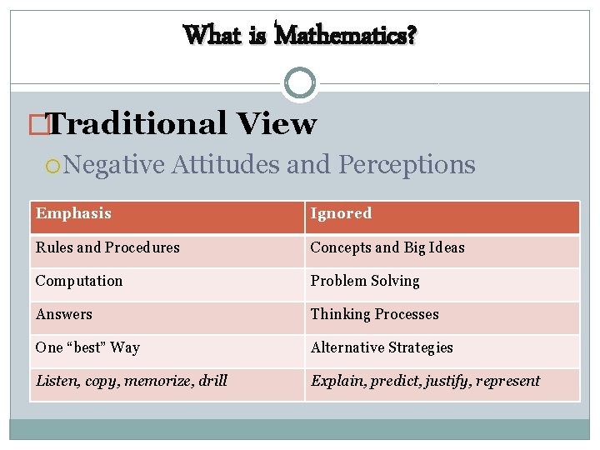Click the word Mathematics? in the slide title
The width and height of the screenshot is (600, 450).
pyautogui.click(x=346, y=35)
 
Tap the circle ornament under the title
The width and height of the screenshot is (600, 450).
pyautogui.click(x=300, y=83)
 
